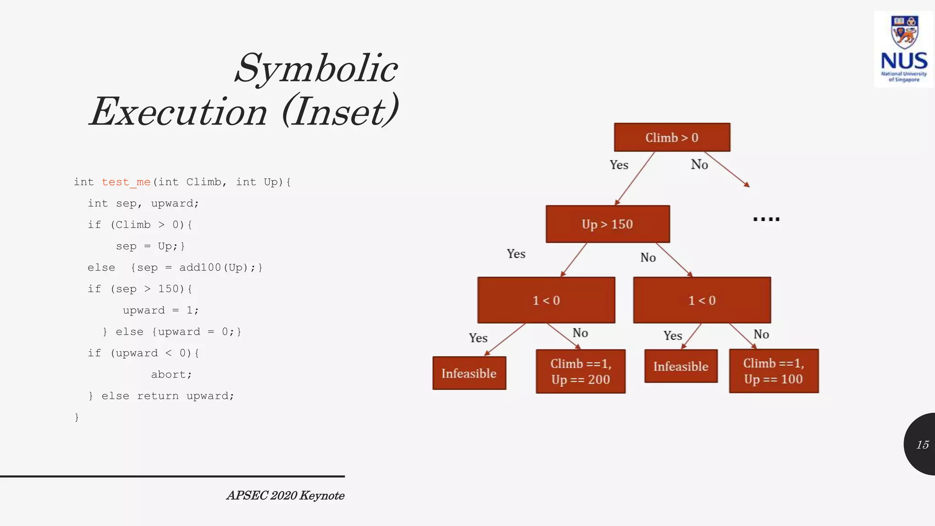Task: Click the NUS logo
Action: [903, 49]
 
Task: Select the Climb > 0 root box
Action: [672, 137]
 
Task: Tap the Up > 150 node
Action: [608, 224]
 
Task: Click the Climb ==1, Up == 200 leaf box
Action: [580, 371]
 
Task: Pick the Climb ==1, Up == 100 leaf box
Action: [773, 371]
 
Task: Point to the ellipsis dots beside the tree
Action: [766, 220]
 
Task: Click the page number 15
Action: [922, 445]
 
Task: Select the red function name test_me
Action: [126, 182]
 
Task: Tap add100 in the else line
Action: [200, 268]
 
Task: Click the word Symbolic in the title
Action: [316, 68]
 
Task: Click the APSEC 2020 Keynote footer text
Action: [285, 495]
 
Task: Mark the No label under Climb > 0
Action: [699, 164]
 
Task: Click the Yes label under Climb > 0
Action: [619, 165]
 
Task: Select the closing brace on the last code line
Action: [77, 417]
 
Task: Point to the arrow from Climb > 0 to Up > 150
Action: [635, 178]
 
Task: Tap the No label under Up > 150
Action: [648, 258]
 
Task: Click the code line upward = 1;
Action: [161, 310]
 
